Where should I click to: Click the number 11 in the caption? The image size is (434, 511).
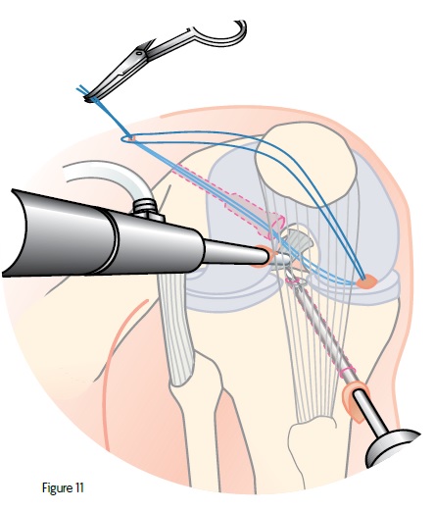(79, 487)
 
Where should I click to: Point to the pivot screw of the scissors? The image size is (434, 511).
(139, 52)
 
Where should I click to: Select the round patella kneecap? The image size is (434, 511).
(306, 161)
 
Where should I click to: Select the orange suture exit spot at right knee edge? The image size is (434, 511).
(366, 281)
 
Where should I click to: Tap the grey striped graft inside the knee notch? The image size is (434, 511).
(297, 241)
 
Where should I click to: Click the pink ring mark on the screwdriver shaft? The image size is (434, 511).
(347, 372)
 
